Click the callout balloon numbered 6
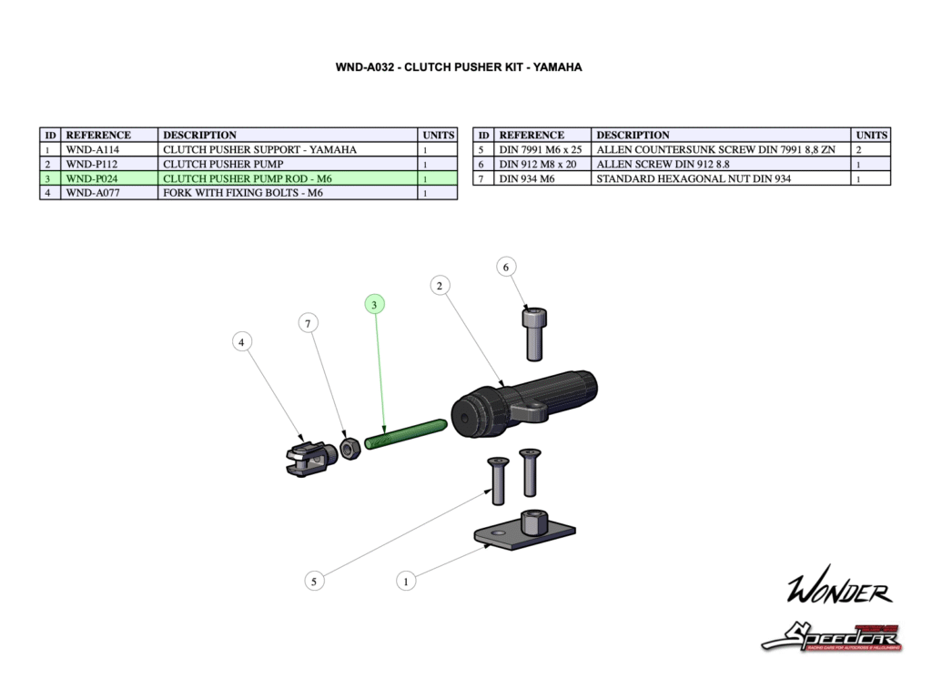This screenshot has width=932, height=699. [506, 267]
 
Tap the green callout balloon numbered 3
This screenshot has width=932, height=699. [374, 305]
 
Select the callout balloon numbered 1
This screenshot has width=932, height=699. [406, 580]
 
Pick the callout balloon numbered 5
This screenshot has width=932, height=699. [314, 582]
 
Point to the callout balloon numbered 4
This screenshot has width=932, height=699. [241, 342]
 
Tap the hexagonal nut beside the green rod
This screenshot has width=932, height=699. [349, 448]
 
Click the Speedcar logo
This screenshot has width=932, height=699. [831, 636]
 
